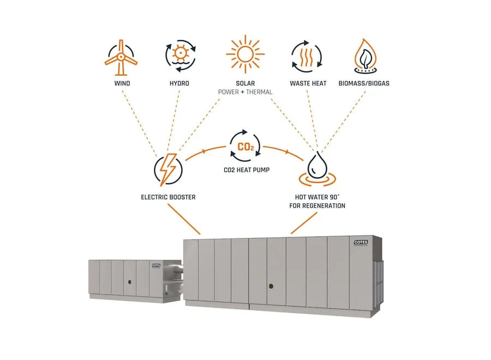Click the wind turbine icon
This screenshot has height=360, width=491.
(121, 57)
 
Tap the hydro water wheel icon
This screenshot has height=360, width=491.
(180, 56)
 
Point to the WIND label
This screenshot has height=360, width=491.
(122, 83)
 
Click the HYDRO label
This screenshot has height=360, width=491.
(179, 83)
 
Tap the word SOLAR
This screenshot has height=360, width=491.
(245, 83)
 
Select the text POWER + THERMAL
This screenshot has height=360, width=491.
(245, 92)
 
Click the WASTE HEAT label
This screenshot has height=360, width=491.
(308, 83)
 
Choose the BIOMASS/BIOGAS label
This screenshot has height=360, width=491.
(367, 83)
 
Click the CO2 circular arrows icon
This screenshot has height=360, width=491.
(246, 146)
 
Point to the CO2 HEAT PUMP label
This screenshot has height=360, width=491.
(246, 170)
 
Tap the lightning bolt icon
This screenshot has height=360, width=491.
(167, 170)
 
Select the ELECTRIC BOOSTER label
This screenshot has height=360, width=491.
(168, 197)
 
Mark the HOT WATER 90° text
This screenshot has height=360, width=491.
(316, 197)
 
